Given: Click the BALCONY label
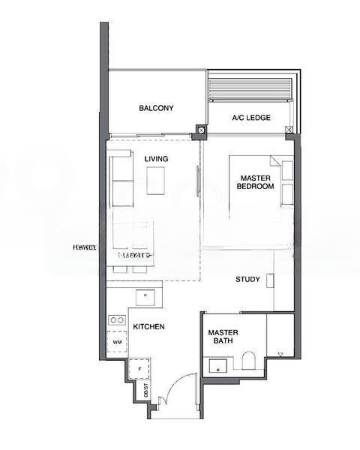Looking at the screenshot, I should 156,109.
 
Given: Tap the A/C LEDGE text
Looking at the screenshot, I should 250,118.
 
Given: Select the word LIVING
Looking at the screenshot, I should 156,159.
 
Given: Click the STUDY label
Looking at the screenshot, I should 247,280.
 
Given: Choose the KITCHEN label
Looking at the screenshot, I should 148,328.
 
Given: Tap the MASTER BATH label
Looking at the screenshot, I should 222,337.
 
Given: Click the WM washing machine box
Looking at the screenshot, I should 117,342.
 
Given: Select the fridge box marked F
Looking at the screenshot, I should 139,370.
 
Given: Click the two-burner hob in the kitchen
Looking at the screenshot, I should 116,320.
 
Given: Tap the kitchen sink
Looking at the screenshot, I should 145,297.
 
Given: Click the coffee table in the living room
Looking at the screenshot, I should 156,181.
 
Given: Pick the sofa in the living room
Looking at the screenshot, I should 120,180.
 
